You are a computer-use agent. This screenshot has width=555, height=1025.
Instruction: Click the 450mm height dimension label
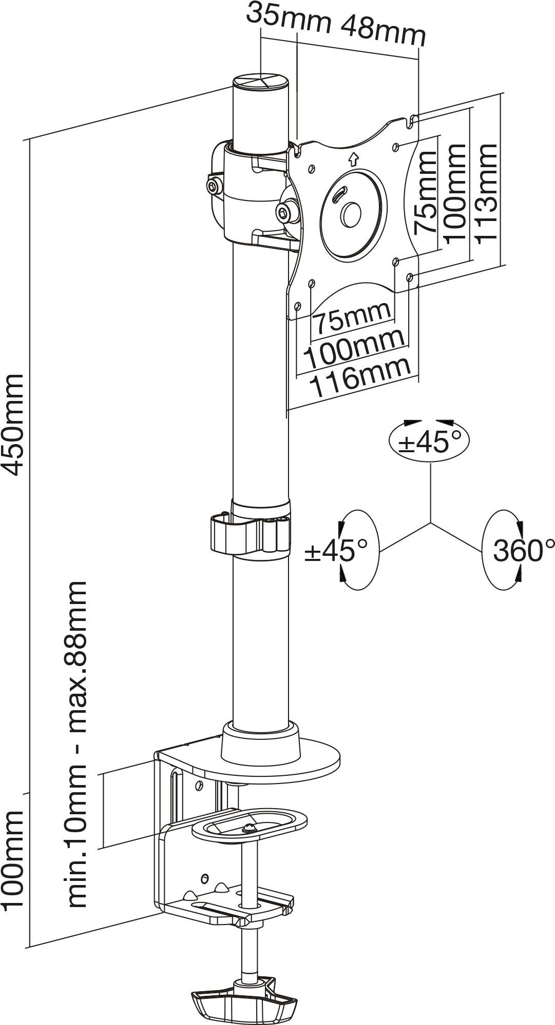12,425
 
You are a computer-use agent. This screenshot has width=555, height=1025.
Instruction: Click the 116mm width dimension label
361,377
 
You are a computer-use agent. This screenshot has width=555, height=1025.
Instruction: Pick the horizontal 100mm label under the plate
354,347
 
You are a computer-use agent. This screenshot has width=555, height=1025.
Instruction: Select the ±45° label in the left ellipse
337,550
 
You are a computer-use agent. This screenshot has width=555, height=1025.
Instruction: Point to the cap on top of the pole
261,83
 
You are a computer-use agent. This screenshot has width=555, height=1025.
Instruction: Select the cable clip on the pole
250,533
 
